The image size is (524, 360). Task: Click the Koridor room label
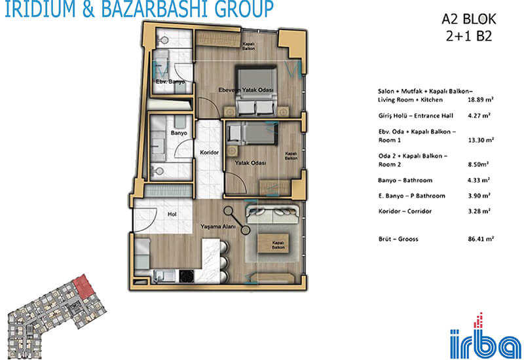point(209,153)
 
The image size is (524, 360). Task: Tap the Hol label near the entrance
point(172,215)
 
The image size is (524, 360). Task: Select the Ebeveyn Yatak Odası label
point(246,90)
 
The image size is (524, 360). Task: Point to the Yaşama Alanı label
point(218,226)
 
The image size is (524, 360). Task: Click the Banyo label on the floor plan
point(179,134)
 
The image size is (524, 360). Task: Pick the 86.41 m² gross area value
point(481,239)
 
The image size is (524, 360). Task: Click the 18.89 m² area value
point(481,100)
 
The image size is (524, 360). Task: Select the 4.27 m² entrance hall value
point(479,116)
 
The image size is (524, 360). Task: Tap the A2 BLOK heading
point(469,20)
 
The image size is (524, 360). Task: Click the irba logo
point(485,336)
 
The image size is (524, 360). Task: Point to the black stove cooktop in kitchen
point(187,276)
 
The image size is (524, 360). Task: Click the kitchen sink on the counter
point(164,276)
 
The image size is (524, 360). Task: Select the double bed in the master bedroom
point(257,91)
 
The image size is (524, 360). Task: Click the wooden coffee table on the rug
point(274,243)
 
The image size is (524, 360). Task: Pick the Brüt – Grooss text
point(398,239)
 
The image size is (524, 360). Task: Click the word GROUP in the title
point(244,9)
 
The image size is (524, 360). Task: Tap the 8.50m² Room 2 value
point(478,164)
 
